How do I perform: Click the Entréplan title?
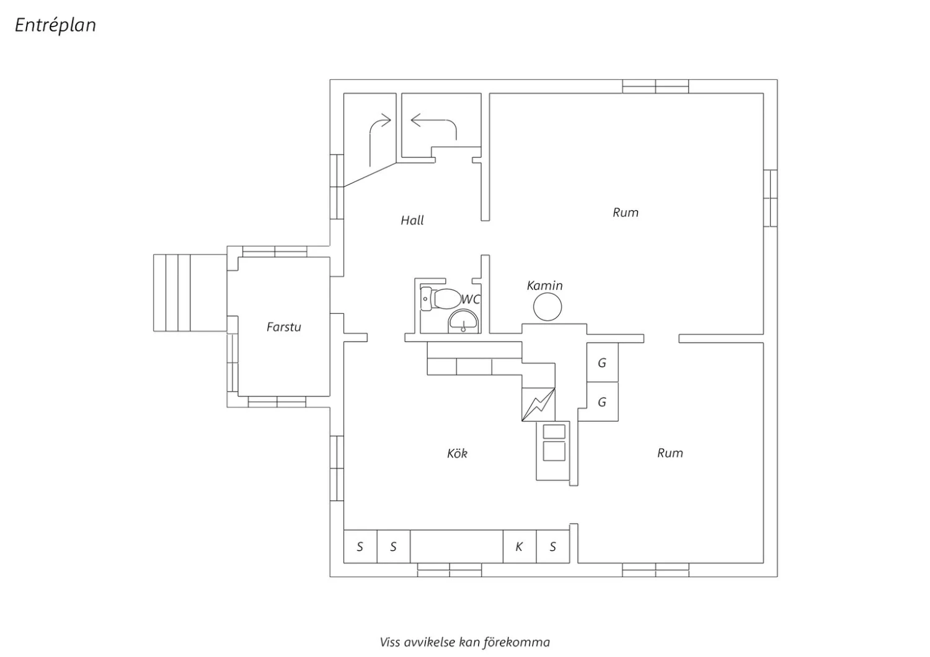(x=56, y=25)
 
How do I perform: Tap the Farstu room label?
(x=283, y=327)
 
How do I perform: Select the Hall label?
(x=412, y=220)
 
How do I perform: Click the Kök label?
(x=457, y=453)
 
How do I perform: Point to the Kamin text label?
(x=545, y=286)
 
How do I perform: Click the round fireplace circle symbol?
(x=547, y=307)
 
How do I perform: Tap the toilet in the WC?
(x=440, y=298)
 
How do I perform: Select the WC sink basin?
(x=463, y=321)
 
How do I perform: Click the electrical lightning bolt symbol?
(x=539, y=405)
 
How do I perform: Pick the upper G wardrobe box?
(x=603, y=363)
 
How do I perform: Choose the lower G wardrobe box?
(x=603, y=402)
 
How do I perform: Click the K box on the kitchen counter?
(x=520, y=547)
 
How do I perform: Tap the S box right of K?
(x=552, y=547)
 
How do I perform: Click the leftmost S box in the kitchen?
(x=360, y=547)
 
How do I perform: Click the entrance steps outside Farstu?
(x=190, y=293)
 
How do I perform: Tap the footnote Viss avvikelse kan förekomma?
(x=464, y=643)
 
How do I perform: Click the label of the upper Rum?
(x=626, y=213)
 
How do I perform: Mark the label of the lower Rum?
(x=670, y=453)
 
